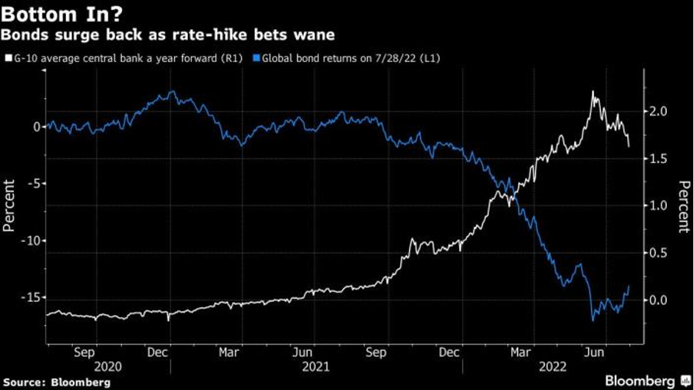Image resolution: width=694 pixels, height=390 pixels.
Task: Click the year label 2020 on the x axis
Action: coord(108,365)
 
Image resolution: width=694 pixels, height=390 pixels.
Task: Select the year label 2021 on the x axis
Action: coord(317,365)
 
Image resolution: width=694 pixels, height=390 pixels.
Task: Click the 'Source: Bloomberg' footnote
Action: coord(56,382)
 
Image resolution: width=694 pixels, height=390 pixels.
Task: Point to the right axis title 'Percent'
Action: coord(683,206)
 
